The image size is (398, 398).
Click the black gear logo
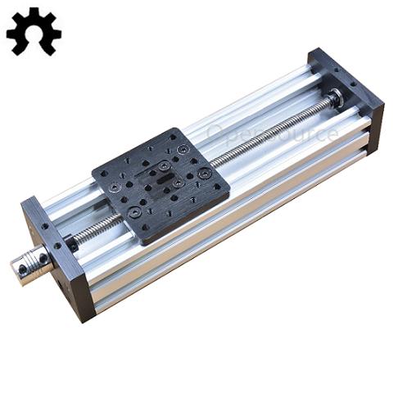[33, 30]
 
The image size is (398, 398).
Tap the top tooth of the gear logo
[33, 11]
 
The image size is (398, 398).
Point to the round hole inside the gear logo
[33, 32]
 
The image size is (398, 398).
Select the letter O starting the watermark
[215, 130]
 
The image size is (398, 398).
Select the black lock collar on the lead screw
[72, 242]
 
